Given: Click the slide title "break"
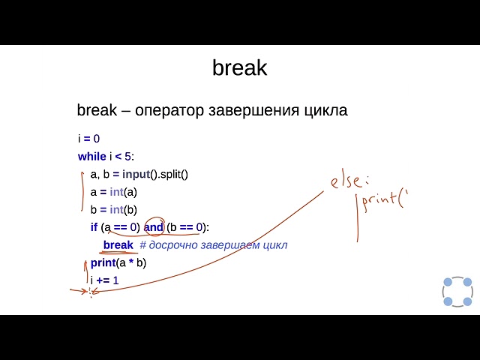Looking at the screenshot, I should (x=239, y=68).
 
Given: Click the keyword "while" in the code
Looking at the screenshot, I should (x=91, y=157).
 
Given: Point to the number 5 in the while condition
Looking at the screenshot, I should (x=128, y=157).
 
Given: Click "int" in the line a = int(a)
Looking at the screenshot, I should (x=116, y=192).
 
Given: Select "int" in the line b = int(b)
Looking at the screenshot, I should (x=116, y=210).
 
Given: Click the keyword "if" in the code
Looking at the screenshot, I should (x=94, y=227).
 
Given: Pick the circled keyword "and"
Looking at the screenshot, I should (x=154, y=227).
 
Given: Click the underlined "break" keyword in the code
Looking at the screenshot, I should (x=118, y=245).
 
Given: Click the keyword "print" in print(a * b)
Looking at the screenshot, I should (x=103, y=262).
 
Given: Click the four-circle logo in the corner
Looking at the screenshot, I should (x=457, y=292).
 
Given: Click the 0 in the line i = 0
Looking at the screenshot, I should (x=97, y=139).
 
